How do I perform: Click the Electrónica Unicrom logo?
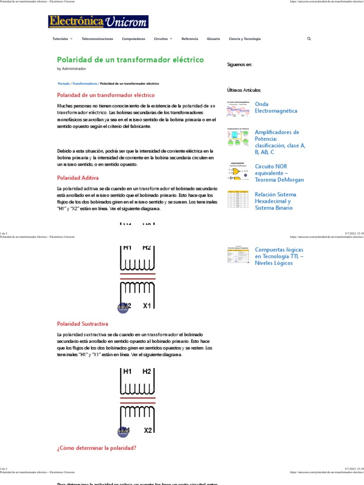(x=98, y=22)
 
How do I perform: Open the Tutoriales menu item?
(x=62, y=39)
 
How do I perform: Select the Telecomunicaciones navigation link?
(x=97, y=39)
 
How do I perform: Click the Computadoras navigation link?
(x=133, y=39)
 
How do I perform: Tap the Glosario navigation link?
(x=213, y=39)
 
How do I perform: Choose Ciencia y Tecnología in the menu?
(x=245, y=39)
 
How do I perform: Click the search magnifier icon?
(x=309, y=39)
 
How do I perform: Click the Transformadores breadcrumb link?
(x=85, y=83)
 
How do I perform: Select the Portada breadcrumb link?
(x=64, y=83)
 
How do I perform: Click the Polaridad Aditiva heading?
(x=78, y=178)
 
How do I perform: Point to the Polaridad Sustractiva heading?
(x=82, y=324)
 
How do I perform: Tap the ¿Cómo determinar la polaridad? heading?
(x=97, y=448)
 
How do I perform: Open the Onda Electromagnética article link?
(x=276, y=108)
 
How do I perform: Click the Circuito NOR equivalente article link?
(x=279, y=173)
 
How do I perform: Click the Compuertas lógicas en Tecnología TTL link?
(x=279, y=256)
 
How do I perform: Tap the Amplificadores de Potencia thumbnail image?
(x=238, y=138)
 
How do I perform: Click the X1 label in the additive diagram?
(x=147, y=306)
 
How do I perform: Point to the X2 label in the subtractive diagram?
(x=147, y=430)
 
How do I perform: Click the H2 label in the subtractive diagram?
(x=147, y=372)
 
